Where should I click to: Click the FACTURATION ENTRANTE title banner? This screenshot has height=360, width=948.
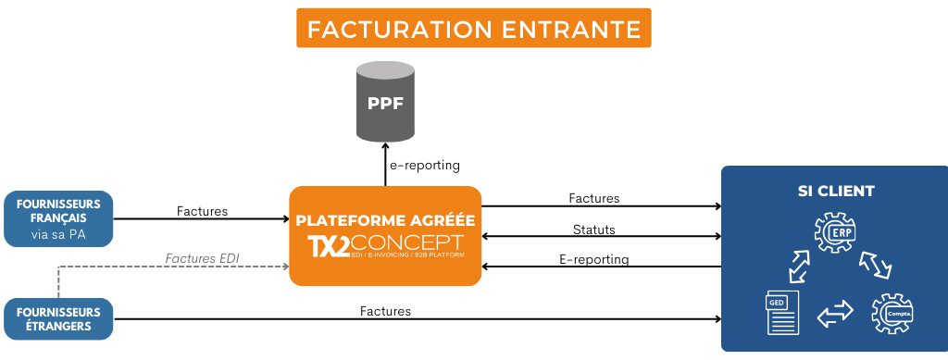(x=473, y=28)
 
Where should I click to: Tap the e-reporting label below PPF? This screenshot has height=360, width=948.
(x=425, y=165)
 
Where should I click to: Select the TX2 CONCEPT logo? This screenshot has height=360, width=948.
(x=384, y=248)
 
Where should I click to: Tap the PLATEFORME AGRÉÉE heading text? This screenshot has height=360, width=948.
(x=384, y=221)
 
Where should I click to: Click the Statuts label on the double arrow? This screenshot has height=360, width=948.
(x=593, y=229)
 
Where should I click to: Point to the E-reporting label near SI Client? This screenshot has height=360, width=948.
(x=593, y=259)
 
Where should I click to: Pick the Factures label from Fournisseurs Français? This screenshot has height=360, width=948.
(x=202, y=211)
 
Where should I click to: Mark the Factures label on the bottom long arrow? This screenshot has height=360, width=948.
(x=385, y=311)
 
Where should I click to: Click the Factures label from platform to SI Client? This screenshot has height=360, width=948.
(x=593, y=198)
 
